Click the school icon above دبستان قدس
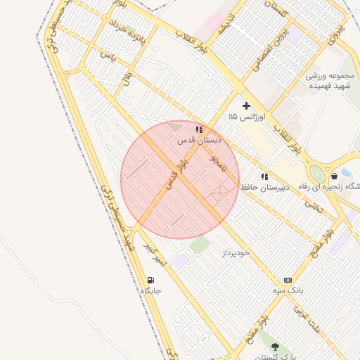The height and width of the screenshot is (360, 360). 200,129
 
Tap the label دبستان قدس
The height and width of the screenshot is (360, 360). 199,141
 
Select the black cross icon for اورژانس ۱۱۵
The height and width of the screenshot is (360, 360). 246,105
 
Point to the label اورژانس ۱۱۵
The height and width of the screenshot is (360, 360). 243,116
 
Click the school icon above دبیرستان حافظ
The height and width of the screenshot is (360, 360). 264,176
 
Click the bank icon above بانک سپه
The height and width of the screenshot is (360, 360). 287,280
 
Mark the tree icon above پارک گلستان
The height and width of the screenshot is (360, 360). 275,347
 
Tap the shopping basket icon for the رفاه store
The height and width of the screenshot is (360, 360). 334,176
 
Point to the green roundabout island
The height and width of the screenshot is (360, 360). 318,174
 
